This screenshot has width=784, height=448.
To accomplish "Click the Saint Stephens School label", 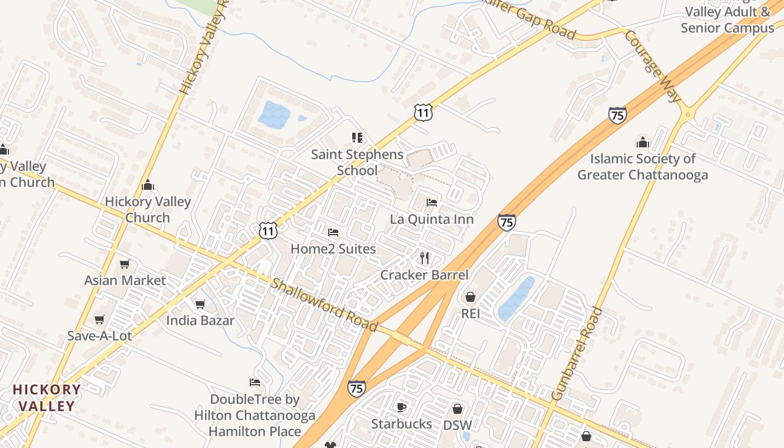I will tap(357, 162).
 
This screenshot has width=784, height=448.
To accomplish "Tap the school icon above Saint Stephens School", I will tap(357, 138).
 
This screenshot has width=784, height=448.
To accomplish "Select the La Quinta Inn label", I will tap(432, 219).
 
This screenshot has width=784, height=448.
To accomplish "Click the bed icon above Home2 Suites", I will tap(333, 232).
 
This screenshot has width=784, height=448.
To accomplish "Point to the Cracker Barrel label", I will tap(424, 275).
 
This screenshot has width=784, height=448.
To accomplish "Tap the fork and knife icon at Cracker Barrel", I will tap(424, 258).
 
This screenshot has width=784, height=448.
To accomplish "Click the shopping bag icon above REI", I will tap(470, 296).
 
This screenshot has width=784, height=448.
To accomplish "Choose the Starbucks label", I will tap(402, 424).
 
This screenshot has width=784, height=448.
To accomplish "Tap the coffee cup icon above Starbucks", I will tap(401, 407).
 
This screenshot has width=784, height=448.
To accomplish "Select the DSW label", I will tap(457, 425).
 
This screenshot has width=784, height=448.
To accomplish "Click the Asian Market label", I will tap(125, 281).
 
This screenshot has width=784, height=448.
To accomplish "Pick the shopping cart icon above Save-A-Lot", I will tap(100, 319).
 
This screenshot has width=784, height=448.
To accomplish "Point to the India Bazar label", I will tap(200, 321).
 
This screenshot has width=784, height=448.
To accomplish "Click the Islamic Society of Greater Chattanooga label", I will tap(642, 167).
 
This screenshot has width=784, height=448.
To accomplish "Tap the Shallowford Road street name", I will tap(324, 305).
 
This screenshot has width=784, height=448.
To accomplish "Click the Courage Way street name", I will tap(652, 66).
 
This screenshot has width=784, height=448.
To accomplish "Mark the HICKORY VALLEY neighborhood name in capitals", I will tap(47, 398).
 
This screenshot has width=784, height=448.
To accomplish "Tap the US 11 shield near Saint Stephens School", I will tap(423, 113).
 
